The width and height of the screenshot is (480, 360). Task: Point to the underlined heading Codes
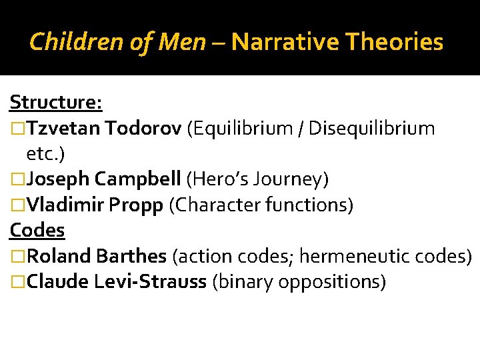click(37, 231)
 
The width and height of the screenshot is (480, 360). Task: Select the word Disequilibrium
click(374, 128)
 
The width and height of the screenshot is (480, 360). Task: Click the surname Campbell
click(138, 179)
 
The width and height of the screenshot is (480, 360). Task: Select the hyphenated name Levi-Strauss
click(150, 282)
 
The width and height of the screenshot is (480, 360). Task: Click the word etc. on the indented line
click(40, 154)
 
